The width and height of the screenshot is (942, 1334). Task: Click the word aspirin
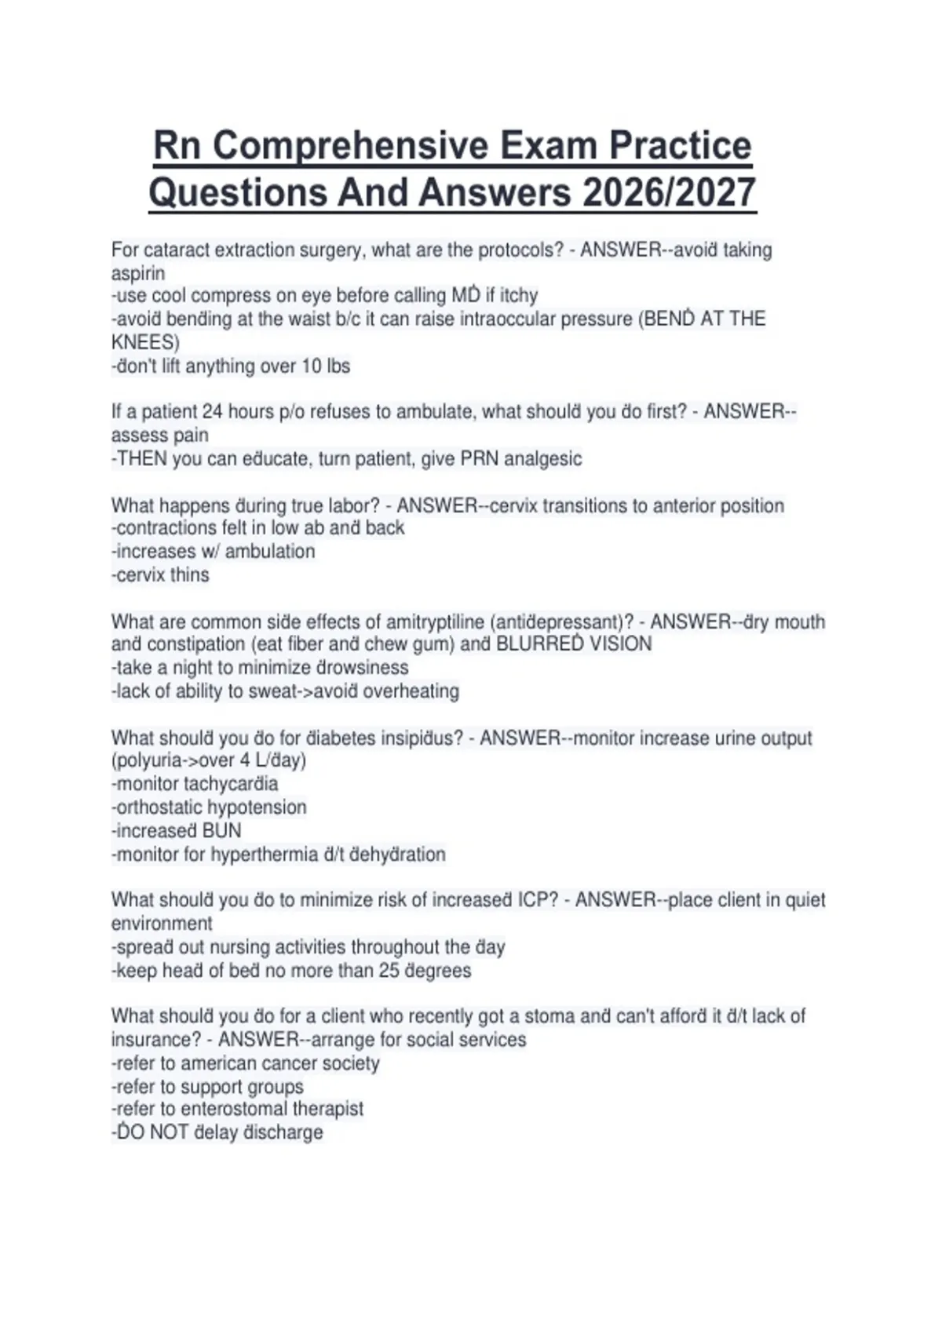tap(138, 274)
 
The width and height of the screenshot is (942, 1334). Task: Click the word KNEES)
tap(145, 343)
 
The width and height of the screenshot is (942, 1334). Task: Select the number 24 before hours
tap(212, 412)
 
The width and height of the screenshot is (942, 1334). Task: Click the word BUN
tap(222, 831)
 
